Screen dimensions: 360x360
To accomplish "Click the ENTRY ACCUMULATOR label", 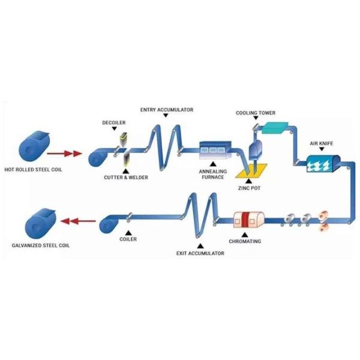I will coord(166,110).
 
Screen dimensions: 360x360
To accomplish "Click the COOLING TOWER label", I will coord(256,112).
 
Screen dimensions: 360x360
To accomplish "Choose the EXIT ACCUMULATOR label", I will coord(200,254).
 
